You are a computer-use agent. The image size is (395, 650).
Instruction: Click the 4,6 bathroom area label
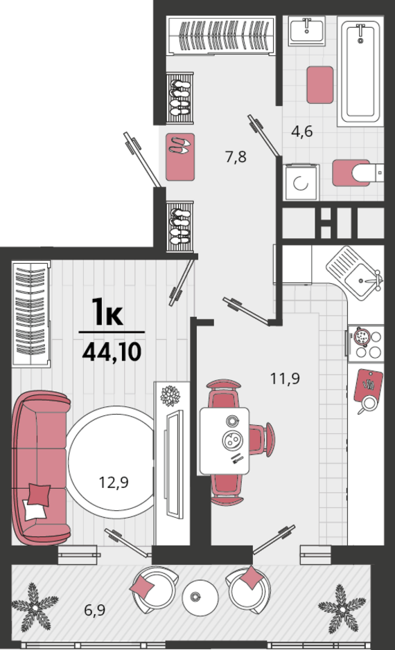pos(302,132)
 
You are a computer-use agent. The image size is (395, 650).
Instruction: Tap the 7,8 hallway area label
pos(236,156)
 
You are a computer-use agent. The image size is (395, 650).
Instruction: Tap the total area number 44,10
pos(111,352)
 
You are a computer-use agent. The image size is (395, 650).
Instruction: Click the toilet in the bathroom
pos(356,172)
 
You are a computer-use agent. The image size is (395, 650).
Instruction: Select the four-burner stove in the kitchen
pos(367,343)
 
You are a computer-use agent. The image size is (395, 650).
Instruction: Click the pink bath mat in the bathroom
pos(319,84)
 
